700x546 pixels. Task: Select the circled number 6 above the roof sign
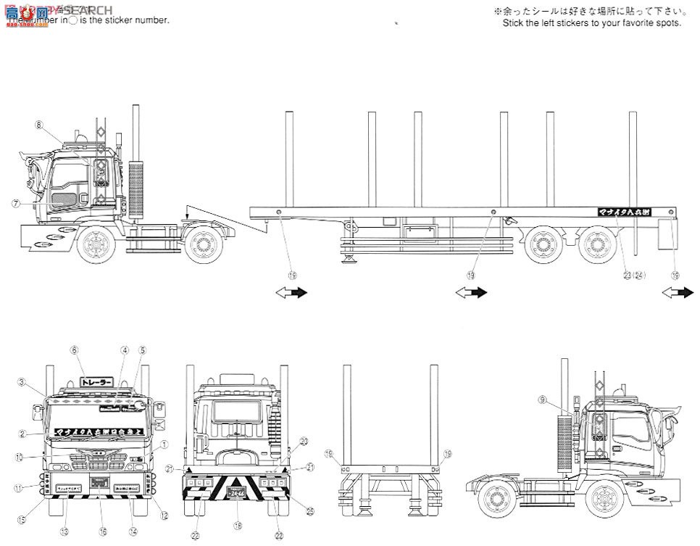(x=73, y=349)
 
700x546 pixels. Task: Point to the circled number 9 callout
(x=562, y=400)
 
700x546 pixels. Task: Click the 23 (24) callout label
(x=633, y=276)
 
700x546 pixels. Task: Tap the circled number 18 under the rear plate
(x=237, y=524)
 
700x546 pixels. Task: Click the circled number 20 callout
(x=304, y=441)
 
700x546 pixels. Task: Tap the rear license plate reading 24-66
(x=237, y=492)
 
